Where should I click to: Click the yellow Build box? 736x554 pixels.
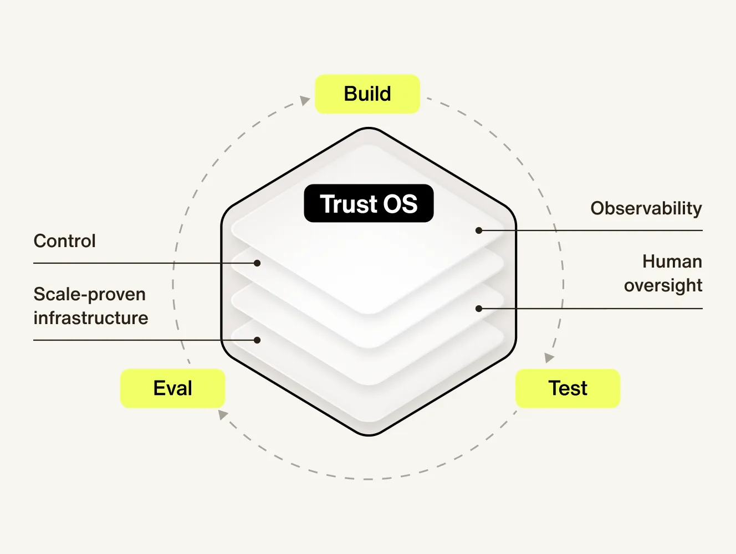pyautogui.click(x=367, y=94)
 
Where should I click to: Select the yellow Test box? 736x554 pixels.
pyautogui.click(x=568, y=388)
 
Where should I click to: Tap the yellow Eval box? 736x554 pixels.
pyautogui.click(x=172, y=388)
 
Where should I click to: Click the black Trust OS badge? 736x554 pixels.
pyautogui.click(x=369, y=203)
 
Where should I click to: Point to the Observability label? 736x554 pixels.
pyautogui.click(x=646, y=208)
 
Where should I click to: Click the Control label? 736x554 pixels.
pyautogui.click(x=65, y=241)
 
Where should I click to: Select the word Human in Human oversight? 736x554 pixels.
pyautogui.click(x=672, y=261)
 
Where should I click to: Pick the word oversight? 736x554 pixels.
pyautogui.click(x=663, y=285)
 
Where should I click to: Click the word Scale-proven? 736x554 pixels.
pyautogui.click(x=90, y=294)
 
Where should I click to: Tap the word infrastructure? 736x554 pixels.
pyautogui.click(x=91, y=318)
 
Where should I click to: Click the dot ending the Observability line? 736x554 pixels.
pyautogui.click(x=479, y=230)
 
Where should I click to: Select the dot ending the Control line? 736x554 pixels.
pyautogui.click(x=257, y=263)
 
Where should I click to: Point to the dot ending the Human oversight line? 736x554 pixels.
pyautogui.click(x=479, y=309)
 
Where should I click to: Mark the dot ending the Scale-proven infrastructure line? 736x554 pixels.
pyautogui.click(x=257, y=340)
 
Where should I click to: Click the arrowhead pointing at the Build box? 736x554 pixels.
pyautogui.click(x=305, y=100)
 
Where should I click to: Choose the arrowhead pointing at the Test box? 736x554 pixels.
pyautogui.click(x=549, y=358)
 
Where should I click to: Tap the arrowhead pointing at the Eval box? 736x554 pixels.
pyautogui.click(x=223, y=414)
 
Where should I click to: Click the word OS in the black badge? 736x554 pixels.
pyautogui.click(x=401, y=204)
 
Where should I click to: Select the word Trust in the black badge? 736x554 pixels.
pyautogui.click(x=349, y=204)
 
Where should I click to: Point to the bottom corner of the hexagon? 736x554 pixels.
pyautogui.click(x=369, y=434)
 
